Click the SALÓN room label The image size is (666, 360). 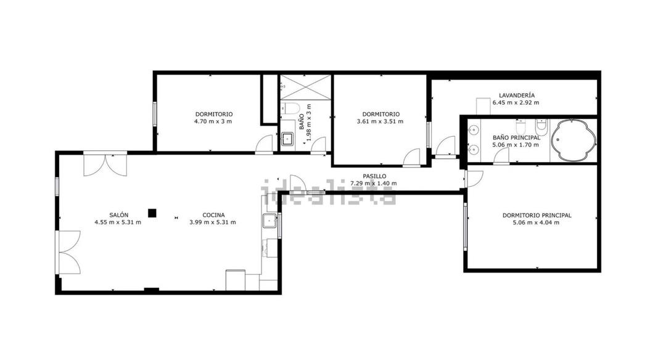[x=120, y=215]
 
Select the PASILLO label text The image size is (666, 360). [x=374, y=176]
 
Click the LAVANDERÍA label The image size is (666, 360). [x=517, y=96]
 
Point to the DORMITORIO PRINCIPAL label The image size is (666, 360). [x=536, y=215]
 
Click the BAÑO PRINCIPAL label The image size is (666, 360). [x=516, y=137]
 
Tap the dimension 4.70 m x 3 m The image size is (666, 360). [x=213, y=121]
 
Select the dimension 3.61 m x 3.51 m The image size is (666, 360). [x=380, y=121]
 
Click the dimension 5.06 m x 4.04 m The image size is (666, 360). [x=536, y=223]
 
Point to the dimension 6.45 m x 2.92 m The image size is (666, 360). [x=516, y=103]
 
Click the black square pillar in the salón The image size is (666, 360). [x=152, y=213]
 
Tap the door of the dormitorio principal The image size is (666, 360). [x=474, y=179]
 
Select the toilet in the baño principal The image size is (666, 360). [x=541, y=128]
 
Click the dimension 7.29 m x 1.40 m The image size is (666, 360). [x=374, y=183]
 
